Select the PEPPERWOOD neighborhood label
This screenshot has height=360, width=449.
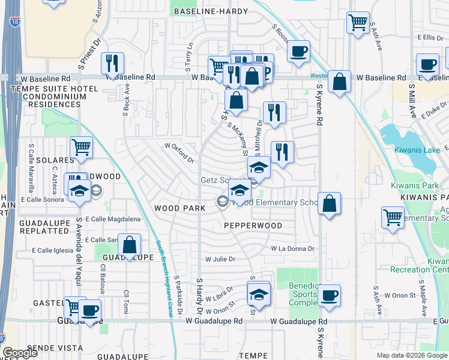[253, 226]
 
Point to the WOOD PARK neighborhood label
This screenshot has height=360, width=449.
[180, 208]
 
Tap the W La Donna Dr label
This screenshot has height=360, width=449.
[292, 248]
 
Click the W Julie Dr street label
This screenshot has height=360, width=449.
[220, 260]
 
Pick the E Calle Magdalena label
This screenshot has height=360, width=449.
[113, 220]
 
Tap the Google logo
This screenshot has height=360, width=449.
[20, 353]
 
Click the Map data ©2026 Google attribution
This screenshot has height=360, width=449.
[412, 355]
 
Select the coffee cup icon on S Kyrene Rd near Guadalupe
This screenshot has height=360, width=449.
[330, 295]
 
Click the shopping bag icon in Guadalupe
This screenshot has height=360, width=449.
[129, 245]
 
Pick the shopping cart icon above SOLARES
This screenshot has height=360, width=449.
[81, 147]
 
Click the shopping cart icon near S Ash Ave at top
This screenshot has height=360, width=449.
[358, 23]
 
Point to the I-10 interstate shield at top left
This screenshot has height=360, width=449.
[14, 23]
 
